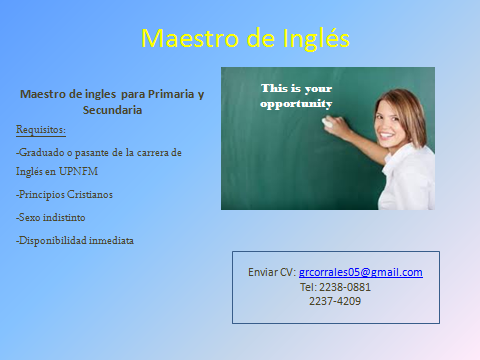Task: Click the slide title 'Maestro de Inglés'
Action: [245, 38]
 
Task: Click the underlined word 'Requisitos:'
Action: [41, 130]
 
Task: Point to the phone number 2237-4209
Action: [335, 300]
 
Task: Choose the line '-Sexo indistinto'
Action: [53, 217]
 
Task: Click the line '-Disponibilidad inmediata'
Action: [75, 240]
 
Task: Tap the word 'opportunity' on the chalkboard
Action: [296, 103]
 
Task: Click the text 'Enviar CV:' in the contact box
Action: [271, 272]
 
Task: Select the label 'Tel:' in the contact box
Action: [308, 286]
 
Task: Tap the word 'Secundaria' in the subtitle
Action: [112, 110]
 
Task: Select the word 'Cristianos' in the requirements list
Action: [87, 195]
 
